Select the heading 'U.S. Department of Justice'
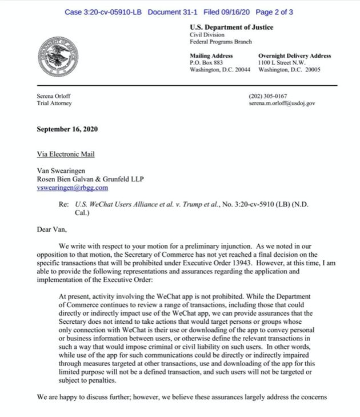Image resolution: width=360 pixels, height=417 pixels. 231,27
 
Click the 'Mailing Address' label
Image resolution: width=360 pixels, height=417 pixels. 211,55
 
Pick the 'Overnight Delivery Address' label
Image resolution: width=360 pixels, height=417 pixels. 294,55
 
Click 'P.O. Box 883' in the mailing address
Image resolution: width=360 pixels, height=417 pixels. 206,62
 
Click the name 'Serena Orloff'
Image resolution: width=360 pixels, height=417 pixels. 54,96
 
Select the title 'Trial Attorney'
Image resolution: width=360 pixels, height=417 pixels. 54,104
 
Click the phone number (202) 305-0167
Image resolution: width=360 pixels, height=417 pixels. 268,96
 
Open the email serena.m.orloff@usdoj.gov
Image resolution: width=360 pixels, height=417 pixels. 282,104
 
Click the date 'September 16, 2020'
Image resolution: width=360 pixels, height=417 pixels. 67,129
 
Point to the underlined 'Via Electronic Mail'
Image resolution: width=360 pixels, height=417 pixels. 66,154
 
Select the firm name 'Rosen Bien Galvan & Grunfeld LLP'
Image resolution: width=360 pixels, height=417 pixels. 90,179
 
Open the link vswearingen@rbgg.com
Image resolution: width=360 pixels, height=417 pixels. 72,187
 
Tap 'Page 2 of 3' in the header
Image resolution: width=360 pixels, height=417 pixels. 275,12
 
